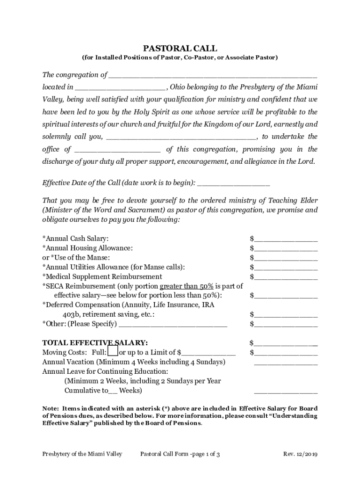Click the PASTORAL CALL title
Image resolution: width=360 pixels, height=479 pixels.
(180, 48)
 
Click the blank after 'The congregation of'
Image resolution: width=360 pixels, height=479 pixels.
(212, 75)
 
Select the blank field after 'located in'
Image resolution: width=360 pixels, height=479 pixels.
(120, 87)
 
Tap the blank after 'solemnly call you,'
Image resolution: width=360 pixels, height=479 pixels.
(181, 137)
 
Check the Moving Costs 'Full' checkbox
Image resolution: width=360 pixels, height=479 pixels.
(113, 352)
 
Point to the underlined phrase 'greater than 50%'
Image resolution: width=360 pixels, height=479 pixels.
(187, 286)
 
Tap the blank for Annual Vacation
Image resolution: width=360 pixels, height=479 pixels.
(286, 362)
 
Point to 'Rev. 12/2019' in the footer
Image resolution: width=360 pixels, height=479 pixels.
(300, 454)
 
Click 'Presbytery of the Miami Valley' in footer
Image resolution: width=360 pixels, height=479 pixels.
(82, 454)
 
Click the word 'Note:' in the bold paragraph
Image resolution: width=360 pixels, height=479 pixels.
(50, 407)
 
